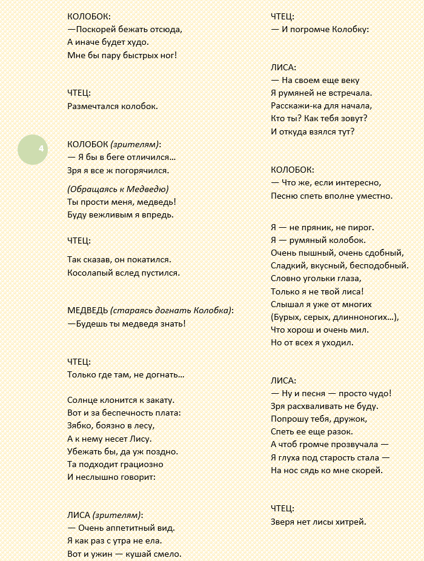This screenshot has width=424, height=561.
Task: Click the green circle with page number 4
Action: click(33, 150)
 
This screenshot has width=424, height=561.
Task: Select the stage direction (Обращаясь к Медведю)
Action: click(118, 188)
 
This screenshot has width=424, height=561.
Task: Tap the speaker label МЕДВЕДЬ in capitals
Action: click(87, 310)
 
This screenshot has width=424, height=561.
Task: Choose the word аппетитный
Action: click(130, 527)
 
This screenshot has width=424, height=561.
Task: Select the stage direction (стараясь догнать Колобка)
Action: click(171, 310)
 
